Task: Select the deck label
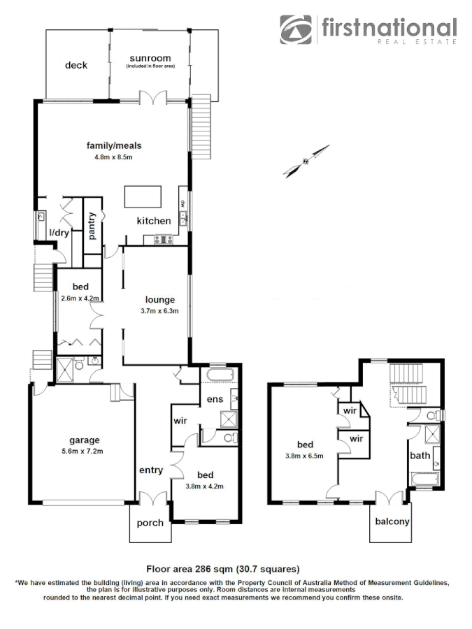point(76,65)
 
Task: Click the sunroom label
point(150,59)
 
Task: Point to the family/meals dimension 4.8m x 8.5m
point(113,157)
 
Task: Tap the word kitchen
point(153,221)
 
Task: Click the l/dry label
point(58,233)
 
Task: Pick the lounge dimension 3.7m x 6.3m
point(159,311)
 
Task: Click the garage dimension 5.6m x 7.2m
point(84,451)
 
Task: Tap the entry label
point(151,470)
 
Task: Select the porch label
point(150,523)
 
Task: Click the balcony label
point(392,521)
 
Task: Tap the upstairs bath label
point(420,456)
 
